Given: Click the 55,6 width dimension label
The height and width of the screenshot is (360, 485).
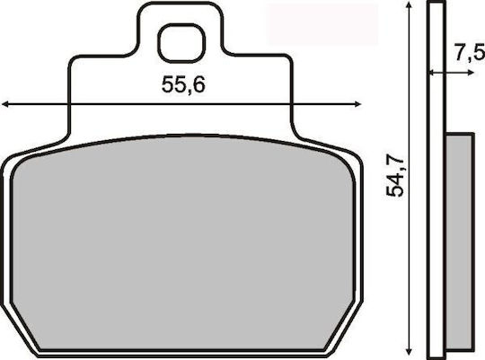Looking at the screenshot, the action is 183,84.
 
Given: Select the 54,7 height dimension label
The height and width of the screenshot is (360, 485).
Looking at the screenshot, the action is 395,177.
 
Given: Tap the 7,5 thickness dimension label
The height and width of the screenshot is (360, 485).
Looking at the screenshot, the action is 470,53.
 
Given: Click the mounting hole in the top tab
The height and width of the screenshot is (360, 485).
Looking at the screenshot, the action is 181,44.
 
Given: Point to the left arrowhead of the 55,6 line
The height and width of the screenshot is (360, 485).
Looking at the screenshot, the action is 4,104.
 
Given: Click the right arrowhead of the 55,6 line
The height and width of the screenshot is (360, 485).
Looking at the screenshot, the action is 357,104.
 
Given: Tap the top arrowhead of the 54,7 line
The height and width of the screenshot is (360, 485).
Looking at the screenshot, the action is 410,5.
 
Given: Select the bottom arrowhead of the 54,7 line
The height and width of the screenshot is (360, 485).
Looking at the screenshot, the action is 410,351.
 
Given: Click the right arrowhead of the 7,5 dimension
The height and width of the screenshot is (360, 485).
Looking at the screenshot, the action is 471,73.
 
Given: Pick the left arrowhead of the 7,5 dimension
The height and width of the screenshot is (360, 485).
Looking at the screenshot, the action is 432,73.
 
